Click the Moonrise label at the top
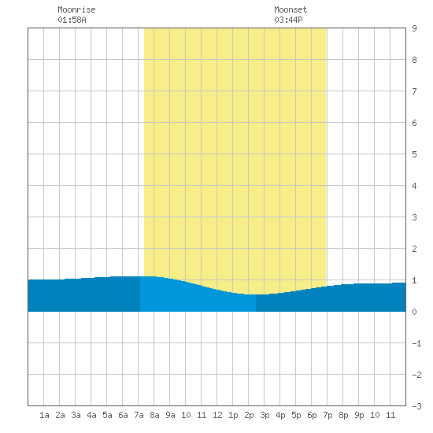76,9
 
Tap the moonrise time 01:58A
72,20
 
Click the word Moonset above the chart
291,9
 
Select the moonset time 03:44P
288,20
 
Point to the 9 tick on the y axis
414,28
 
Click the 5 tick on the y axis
414,154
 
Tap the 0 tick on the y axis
414,312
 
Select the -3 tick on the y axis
416,406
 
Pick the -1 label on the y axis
416,343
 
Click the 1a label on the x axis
44,415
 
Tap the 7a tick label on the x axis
139,415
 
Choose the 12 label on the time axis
217,415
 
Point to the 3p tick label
265,415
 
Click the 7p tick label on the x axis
328,415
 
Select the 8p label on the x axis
343,415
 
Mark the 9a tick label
170,415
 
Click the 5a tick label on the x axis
107,415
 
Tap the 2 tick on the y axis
414,249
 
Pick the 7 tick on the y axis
414,91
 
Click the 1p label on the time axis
233,415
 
